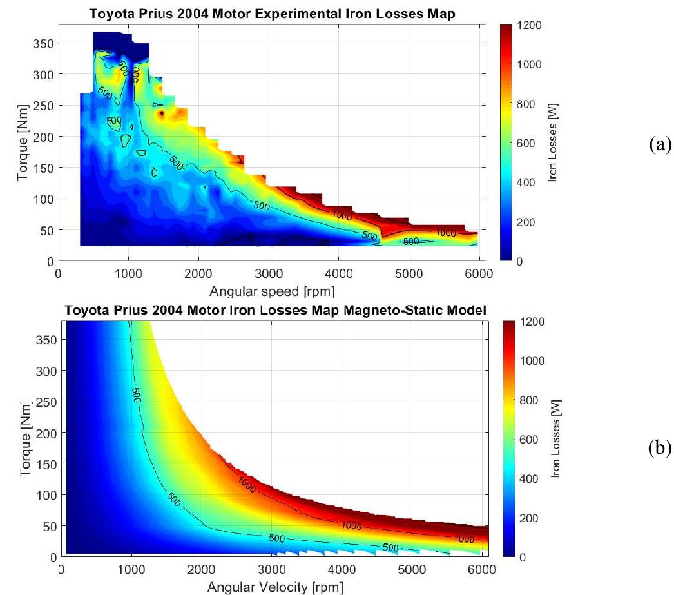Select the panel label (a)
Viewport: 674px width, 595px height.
(657, 144)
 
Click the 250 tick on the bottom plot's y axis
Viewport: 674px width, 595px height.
(44, 402)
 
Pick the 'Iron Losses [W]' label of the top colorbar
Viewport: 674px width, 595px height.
(553, 143)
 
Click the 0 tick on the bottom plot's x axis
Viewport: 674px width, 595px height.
(61, 569)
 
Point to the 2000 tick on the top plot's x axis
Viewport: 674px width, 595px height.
(198, 273)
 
